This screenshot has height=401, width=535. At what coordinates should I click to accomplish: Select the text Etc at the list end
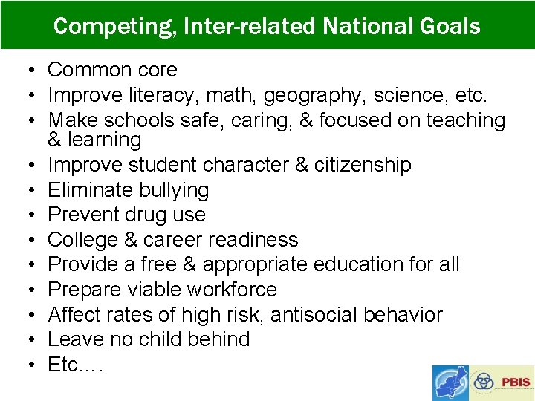[63, 365]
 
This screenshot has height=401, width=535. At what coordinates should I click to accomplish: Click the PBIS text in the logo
[516, 382]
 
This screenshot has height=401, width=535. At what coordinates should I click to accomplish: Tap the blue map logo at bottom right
[450, 382]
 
